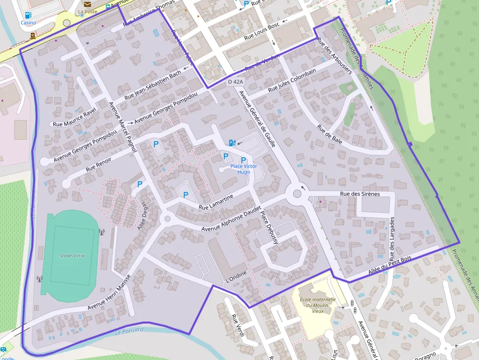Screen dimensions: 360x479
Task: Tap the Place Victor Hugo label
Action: [x=243, y=169]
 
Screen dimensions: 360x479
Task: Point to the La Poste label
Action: [x=87, y=11]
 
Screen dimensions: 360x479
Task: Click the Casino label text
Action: [x=28, y=22]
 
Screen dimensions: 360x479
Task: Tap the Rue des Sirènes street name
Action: [x=360, y=194]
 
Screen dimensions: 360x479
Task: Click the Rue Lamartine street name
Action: [x=216, y=202]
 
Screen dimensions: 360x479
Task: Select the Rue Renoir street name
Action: [x=98, y=164]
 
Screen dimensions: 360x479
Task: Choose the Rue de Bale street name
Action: [x=329, y=134]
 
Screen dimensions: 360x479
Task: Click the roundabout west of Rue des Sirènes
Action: [x=297, y=194]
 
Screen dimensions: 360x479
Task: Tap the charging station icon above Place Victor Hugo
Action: [x=232, y=143]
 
